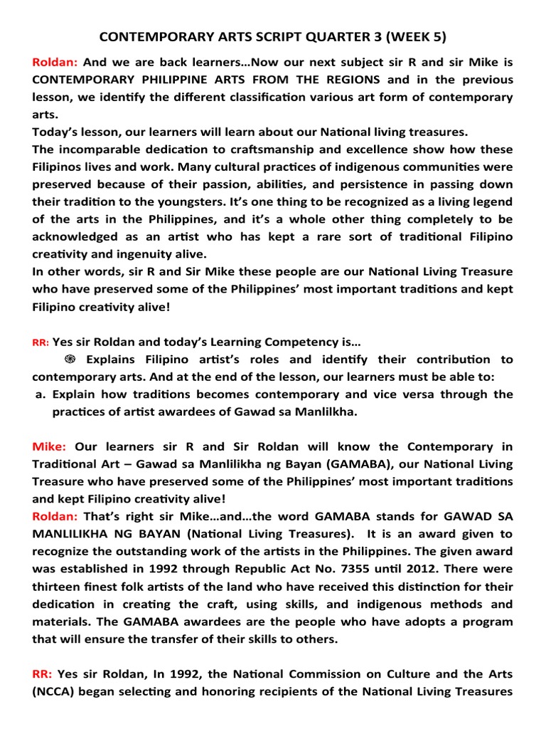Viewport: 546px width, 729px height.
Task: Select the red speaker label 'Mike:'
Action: (49, 447)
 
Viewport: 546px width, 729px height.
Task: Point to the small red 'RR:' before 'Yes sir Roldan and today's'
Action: (40, 342)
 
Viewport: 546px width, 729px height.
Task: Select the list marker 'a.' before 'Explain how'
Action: (41, 394)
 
